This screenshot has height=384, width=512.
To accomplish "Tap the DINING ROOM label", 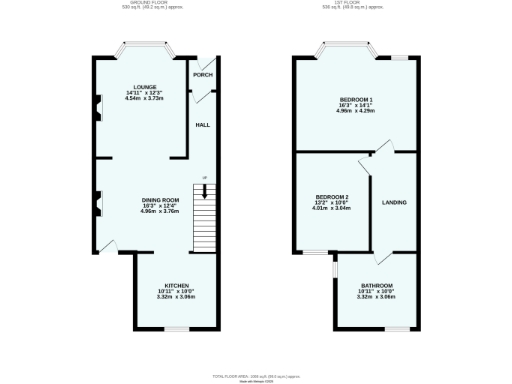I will (x=159, y=201).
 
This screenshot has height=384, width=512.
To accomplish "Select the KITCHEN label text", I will (x=176, y=285).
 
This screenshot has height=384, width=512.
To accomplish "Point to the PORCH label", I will (x=203, y=75).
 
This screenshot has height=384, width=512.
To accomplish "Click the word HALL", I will (x=202, y=125).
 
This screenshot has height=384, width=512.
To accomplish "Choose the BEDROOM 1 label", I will (x=355, y=99).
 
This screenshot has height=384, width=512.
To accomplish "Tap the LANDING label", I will (x=394, y=203).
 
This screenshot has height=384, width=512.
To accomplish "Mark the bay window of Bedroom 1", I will (x=348, y=47).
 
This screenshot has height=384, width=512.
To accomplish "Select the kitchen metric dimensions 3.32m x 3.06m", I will (x=176, y=297).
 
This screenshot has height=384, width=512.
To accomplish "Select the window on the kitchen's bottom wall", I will (x=177, y=328).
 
